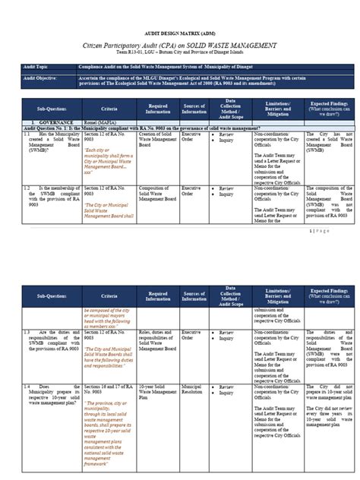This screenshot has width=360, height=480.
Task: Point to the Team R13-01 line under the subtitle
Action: click(180, 55)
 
